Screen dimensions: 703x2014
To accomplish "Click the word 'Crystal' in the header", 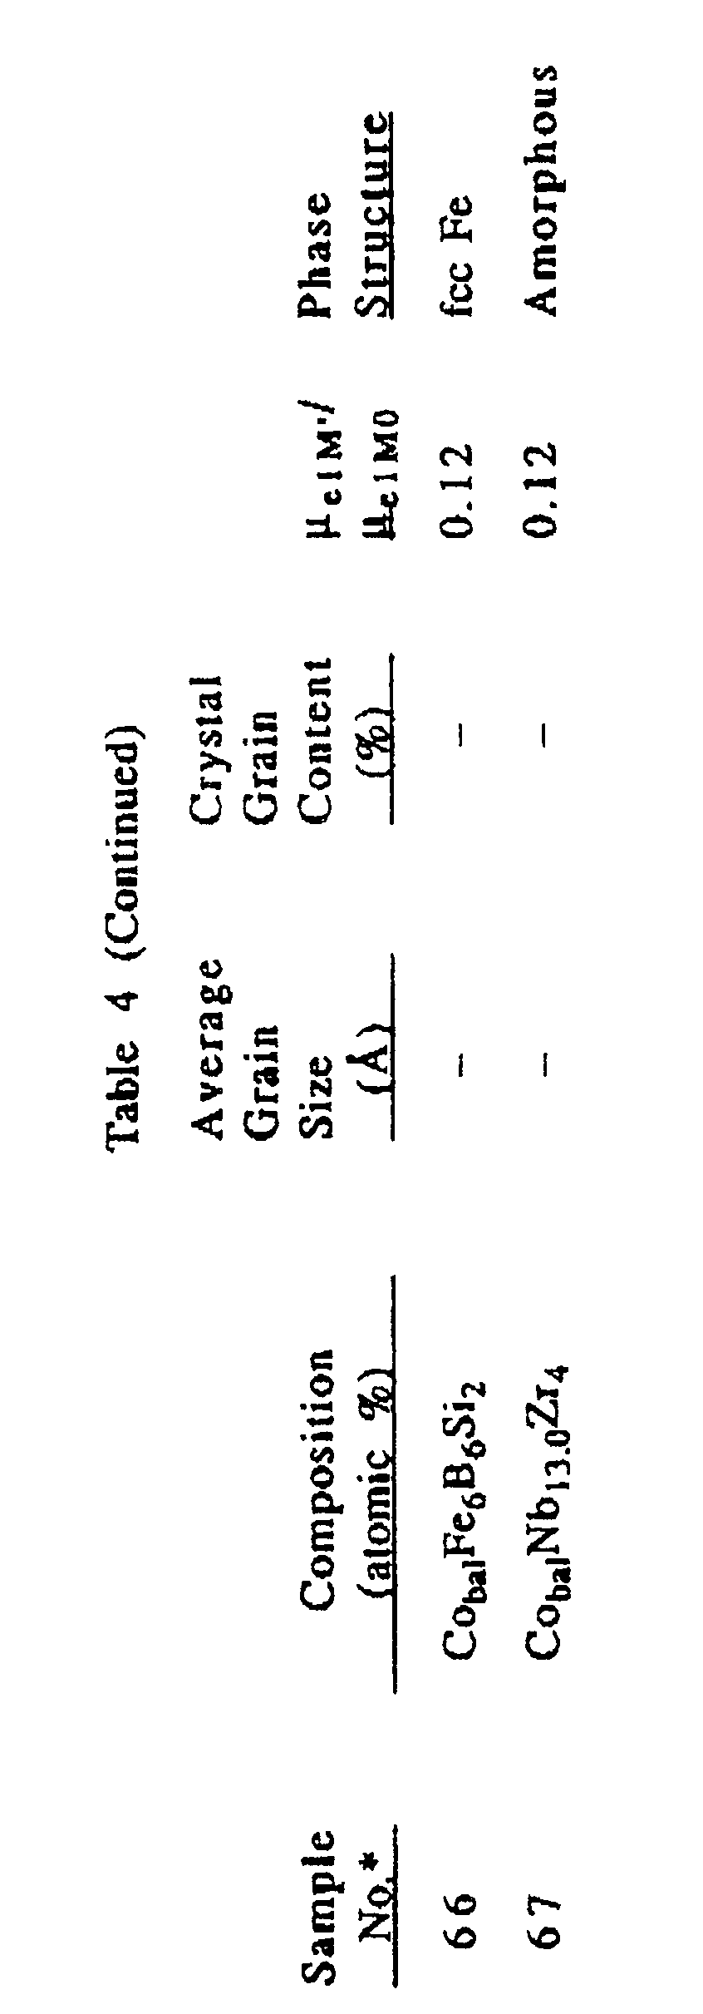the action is (208, 748).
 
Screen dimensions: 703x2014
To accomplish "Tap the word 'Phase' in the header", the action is (317, 254).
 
